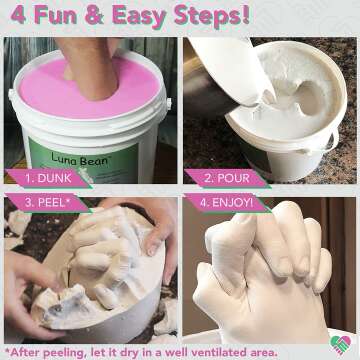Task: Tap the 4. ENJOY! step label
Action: (226, 202)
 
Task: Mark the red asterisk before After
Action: (7, 350)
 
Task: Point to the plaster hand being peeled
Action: (95, 265)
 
